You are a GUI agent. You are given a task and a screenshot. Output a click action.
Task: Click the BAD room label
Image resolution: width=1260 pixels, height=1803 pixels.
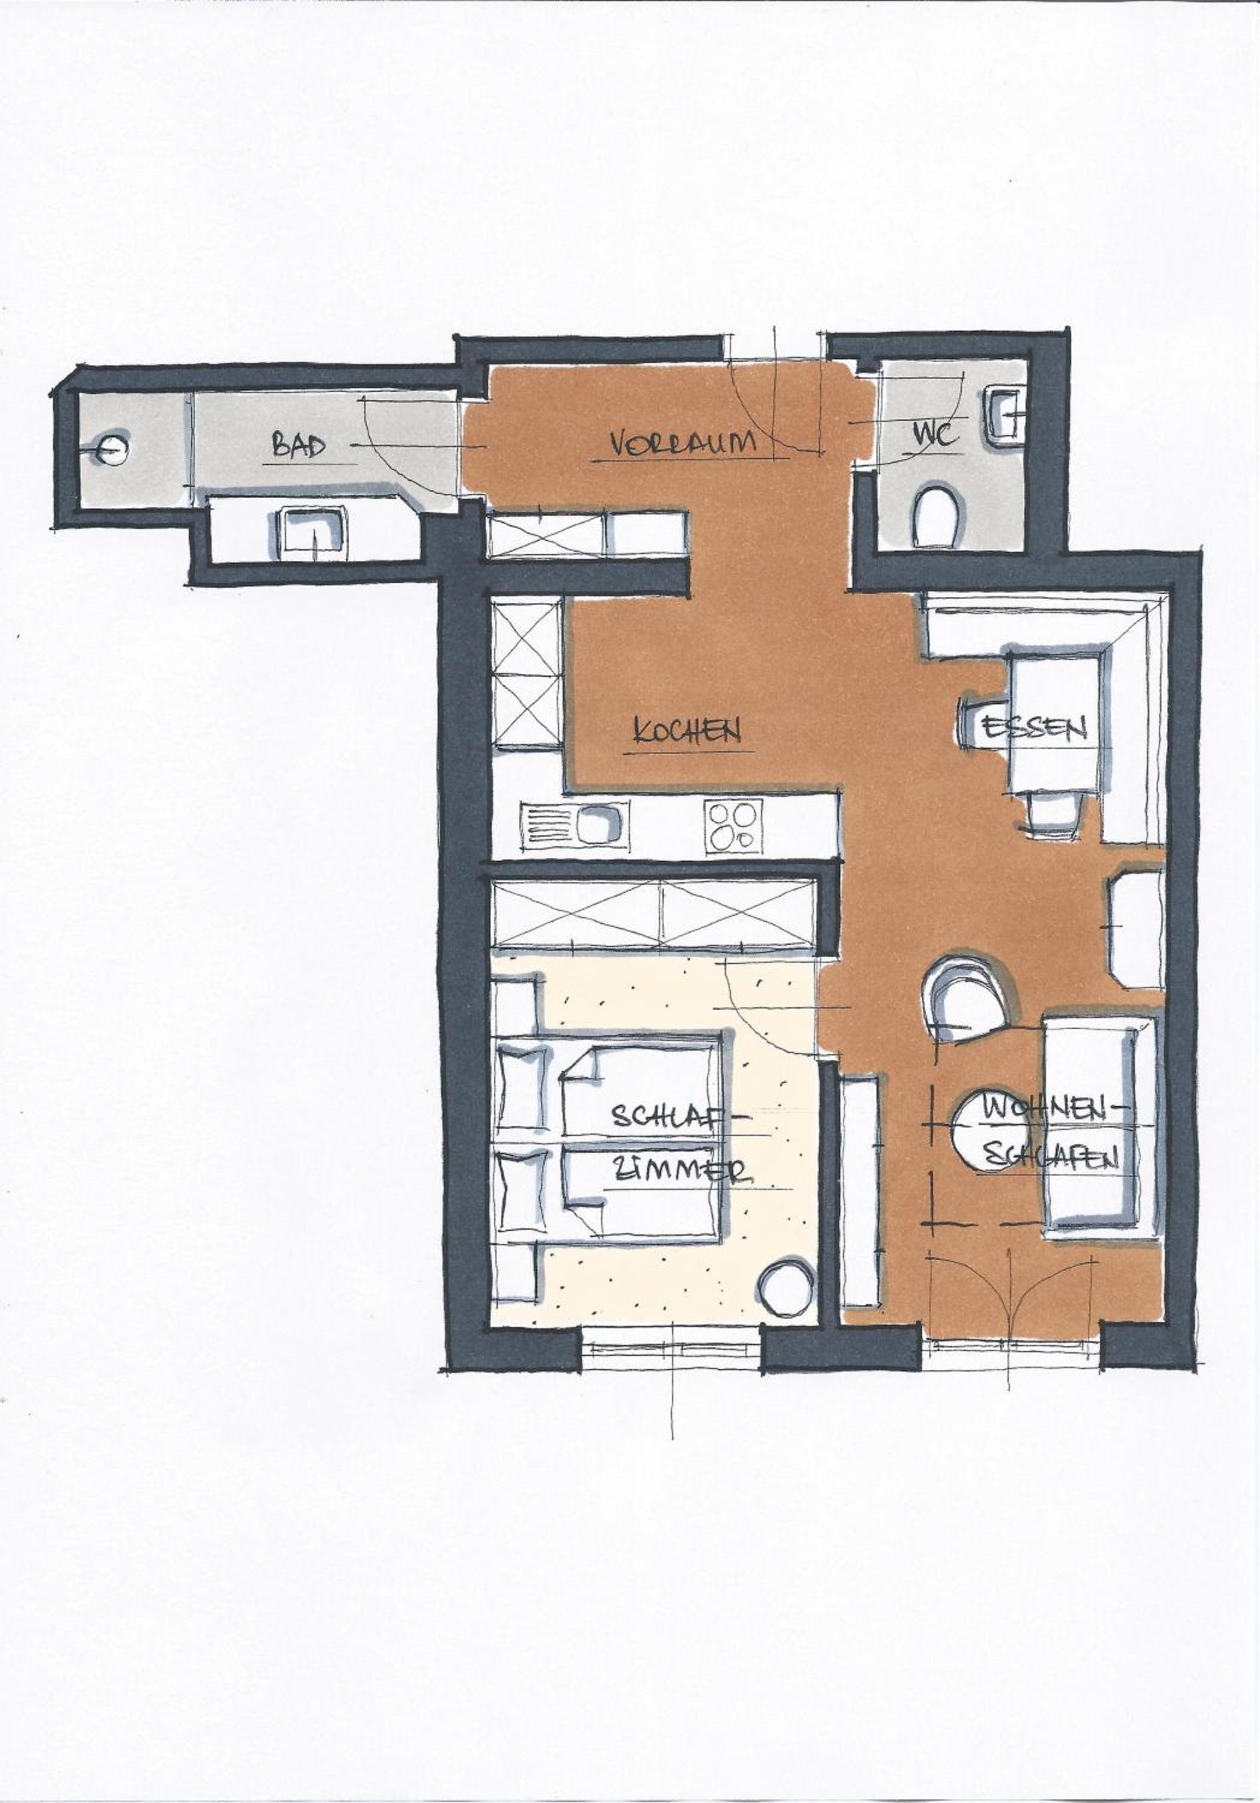pyautogui.click(x=299, y=446)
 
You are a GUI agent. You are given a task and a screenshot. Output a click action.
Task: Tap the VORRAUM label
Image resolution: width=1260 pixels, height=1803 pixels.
pyautogui.click(x=682, y=443)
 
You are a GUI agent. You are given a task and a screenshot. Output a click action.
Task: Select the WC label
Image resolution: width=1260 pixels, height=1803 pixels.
pyautogui.click(x=935, y=435)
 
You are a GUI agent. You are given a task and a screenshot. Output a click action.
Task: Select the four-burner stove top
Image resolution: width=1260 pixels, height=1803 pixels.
pyautogui.click(x=733, y=826)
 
